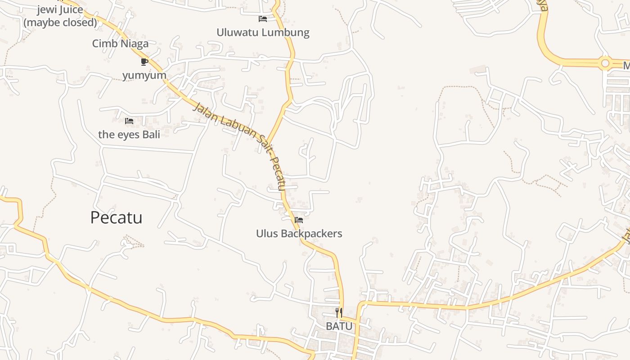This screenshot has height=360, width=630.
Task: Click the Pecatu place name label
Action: point(116,218)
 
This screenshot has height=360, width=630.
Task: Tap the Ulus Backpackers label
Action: point(299,234)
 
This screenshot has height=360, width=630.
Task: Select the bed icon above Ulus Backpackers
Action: point(299,220)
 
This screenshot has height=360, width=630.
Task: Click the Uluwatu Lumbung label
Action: point(263,32)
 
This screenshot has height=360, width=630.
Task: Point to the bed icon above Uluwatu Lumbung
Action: point(263,19)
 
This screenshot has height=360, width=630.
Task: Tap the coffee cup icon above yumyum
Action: point(144,62)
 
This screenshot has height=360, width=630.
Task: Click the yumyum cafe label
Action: point(144,75)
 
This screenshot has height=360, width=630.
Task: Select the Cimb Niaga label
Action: point(120,44)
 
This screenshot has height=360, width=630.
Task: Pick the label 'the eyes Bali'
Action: point(129,134)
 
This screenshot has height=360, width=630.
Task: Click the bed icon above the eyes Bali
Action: point(129,121)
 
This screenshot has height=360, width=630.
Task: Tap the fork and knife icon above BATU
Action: point(339,312)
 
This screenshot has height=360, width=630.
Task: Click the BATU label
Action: point(339,326)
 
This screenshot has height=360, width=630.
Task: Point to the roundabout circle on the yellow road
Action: point(605,63)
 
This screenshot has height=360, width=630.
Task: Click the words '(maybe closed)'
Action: point(60,22)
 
